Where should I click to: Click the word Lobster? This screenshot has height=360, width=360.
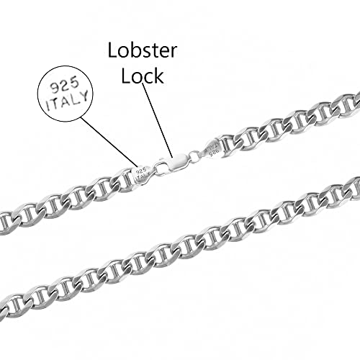143,50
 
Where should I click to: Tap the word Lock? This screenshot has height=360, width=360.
143,76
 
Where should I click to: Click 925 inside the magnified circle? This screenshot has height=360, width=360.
64,86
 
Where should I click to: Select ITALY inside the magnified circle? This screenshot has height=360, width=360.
68,102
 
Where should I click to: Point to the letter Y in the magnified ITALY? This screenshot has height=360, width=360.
84,97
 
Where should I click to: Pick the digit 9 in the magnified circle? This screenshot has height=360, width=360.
54,89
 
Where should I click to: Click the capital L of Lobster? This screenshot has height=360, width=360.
113,50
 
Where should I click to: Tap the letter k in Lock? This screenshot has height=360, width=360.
159,76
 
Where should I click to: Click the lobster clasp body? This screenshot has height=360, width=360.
177,163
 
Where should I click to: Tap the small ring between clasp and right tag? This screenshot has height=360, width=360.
194,156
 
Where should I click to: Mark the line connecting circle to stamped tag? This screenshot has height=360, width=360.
109,142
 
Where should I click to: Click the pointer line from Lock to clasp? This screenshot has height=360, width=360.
157,120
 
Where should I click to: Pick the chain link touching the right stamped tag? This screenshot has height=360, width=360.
229,145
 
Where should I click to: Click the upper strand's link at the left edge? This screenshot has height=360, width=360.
6,222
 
